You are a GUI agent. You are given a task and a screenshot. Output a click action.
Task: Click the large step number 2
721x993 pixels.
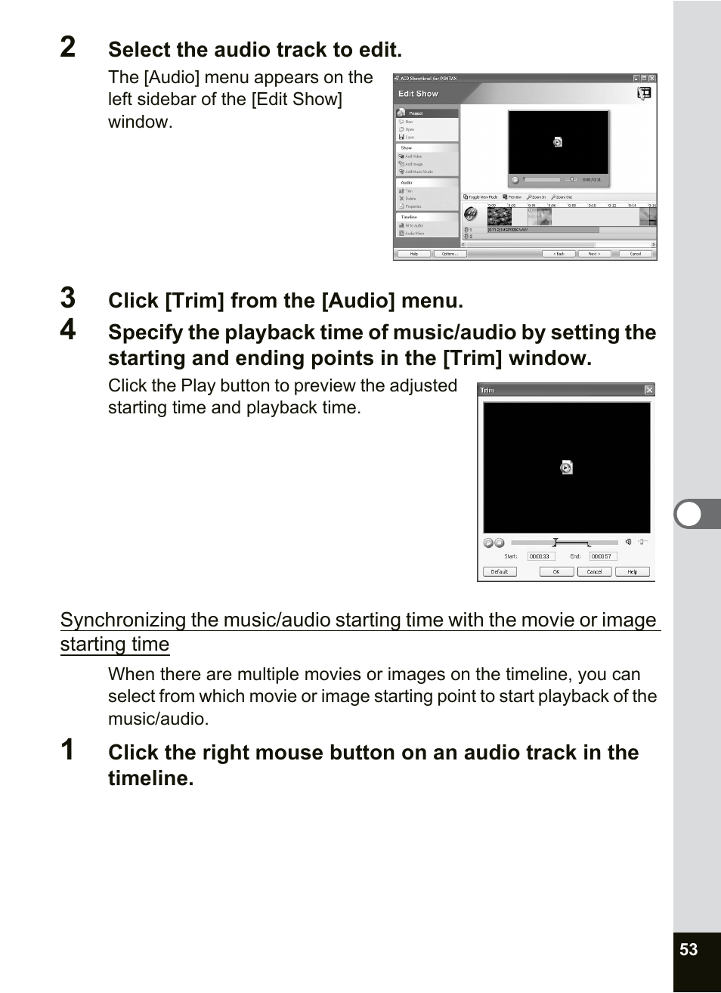point(68,47)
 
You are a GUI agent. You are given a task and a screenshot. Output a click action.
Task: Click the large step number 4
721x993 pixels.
point(68,329)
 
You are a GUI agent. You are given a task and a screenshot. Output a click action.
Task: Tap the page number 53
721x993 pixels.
point(689,950)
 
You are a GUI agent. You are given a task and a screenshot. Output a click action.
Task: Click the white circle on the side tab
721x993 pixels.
point(689,514)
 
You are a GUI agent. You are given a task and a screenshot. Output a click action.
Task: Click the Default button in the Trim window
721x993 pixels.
point(500,572)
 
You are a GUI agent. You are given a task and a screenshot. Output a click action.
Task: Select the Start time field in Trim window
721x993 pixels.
point(540,556)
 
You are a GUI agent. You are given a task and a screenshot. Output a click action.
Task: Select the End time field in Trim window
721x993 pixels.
point(602,556)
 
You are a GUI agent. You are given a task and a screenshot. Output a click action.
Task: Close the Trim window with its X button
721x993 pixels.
point(648,390)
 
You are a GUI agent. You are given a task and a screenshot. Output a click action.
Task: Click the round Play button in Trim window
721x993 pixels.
point(488,543)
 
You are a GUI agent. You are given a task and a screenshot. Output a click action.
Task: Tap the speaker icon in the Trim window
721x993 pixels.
point(628,542)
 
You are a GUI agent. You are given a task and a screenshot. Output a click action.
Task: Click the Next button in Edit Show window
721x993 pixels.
point(595,254)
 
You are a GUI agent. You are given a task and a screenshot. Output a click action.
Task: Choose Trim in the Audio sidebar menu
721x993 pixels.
point(408,191)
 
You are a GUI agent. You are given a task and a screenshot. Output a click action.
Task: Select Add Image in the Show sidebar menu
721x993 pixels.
point(413,164)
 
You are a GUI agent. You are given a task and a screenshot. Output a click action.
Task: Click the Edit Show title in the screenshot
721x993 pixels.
point(418,94)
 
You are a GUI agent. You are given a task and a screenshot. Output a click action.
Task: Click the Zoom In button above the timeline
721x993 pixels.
point(537,197)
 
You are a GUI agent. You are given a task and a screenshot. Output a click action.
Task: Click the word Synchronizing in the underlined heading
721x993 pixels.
point(122,620)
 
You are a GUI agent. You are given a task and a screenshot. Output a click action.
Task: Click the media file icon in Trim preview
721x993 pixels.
point(566,468)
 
